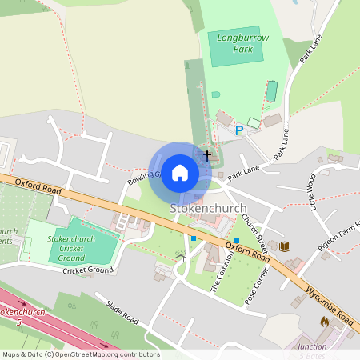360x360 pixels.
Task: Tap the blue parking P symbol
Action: pyautogui.click(x=238, y=130)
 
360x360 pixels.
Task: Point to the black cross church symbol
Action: pyautogui.click(x=207, y=154)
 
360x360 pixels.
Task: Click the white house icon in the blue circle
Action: pyautogui.click(x=180, y=173)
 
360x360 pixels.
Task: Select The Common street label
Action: pyautogui.click(x=217, y=276)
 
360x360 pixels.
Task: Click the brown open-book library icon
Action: pyautogui.click(x=285, y=246)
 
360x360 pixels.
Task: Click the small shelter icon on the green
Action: pyautogui.click(x=179, y=258)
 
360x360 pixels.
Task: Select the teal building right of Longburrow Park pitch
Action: pyautogui.click(x=271, y=91)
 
